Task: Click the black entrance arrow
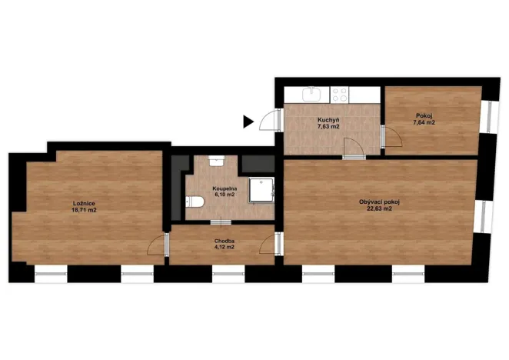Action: click(x=248, y=121)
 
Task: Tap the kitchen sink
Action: click(x=311, y=95)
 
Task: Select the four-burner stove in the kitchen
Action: click(x=339, y=95)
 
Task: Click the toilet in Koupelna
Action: click(x=195, y=202)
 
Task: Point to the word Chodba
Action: click(x=225, y=241)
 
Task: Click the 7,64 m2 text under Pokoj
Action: click(x=424, y=122)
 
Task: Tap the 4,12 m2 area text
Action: click(x=225, y=248)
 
